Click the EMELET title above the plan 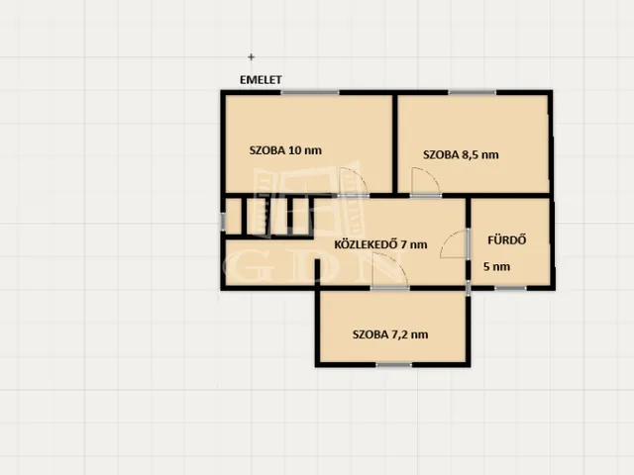pyautogui.click(x=261, y=79)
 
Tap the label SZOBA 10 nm pyautogui.click(x=285, y=150)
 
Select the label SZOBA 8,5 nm pyautogui.click(x=461, y=154)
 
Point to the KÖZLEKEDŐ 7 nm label pyautogui.click(x=380, y=244)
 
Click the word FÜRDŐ pyautogui.click(x=506, y=239)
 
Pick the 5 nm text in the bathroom pyautogui.click(x=496, y=266)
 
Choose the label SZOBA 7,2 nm pyautogui.click(x=390, y=334)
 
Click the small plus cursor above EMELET pyautogui.click(x=251, y=57)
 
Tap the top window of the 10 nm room pyautogui.click(x=310, y=92)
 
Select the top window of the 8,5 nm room pyautogui.click(x=472, y=92)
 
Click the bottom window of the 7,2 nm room pyautogui.click(x=393, y=365)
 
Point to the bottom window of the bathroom pyautogui.click(x=510, y=288)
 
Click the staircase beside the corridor pyautogui.click(x=268, y=217)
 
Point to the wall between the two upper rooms pyautogui.click(x=395, y=143)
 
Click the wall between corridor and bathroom pyautogui.click(x=469, y=242)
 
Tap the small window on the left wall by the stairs pyautogui.click(x=222, y=222)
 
